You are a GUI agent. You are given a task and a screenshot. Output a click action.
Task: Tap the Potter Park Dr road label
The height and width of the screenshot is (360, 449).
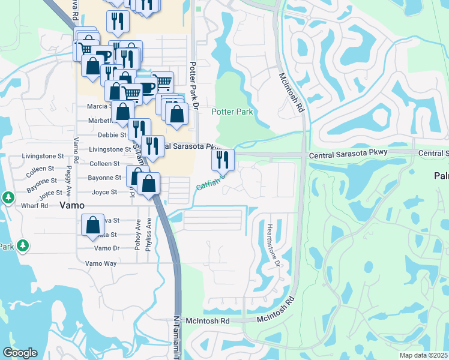pyautogui.click(x=193, y=85)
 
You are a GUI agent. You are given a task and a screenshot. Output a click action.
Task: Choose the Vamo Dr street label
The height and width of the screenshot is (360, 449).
pyautogui.click(x=107, y=248)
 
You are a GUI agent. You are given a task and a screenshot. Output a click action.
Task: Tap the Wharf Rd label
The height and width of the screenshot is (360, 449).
pyautogui.click(x=36, y=205)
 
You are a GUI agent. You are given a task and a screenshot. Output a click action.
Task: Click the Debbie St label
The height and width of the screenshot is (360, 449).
pyautogui.click(x=111, y=135)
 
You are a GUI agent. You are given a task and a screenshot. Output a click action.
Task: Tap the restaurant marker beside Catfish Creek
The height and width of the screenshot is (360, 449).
pyautogui.click(x=223, y=160)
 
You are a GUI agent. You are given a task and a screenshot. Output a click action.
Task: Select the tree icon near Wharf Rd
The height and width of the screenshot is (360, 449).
pyautogui.click(x=8, y=197)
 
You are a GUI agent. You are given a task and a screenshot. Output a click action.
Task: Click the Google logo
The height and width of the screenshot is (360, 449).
pyautogui.click(x=20, y=353)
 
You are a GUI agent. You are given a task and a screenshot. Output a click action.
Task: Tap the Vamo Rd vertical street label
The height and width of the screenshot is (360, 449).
pyautogui.click(x=76, y=151)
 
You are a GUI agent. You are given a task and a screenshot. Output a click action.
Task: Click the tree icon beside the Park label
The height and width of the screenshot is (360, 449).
pyautogui.click(x=23, y=245)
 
